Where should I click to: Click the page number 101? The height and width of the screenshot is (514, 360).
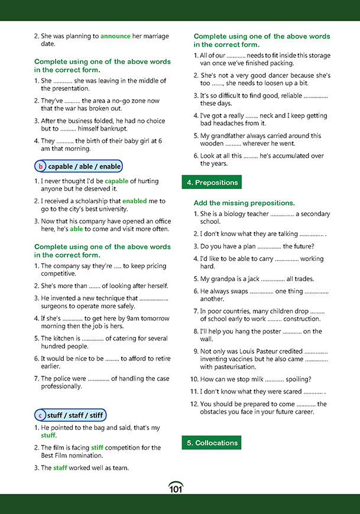(176, 488)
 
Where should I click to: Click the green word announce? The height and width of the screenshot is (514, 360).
(115, 36)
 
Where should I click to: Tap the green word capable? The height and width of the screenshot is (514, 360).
(116, 181)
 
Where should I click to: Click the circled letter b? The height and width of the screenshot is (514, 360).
(41, 167)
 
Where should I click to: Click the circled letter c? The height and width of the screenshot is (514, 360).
(41, 415)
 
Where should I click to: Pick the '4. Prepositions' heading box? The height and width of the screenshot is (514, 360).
(212, 183)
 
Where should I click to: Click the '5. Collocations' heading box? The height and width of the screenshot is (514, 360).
(212, 443)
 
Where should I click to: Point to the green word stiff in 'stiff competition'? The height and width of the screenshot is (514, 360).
(97, 448)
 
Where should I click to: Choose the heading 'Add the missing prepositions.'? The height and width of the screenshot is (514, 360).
(244, 203)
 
